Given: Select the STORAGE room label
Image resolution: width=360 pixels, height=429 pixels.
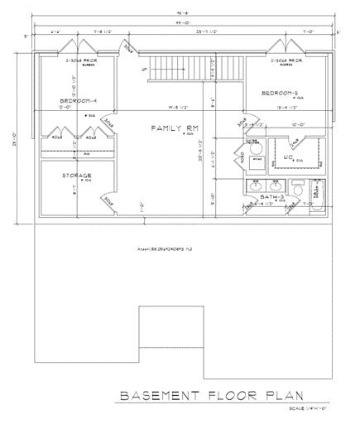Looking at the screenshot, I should (76, 176).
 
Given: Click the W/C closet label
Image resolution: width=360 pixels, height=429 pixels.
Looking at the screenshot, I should (290, 155).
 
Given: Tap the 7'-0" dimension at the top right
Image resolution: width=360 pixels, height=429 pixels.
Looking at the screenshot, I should (309, 32).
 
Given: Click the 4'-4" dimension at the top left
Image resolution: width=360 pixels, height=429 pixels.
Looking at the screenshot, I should (56, 32).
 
